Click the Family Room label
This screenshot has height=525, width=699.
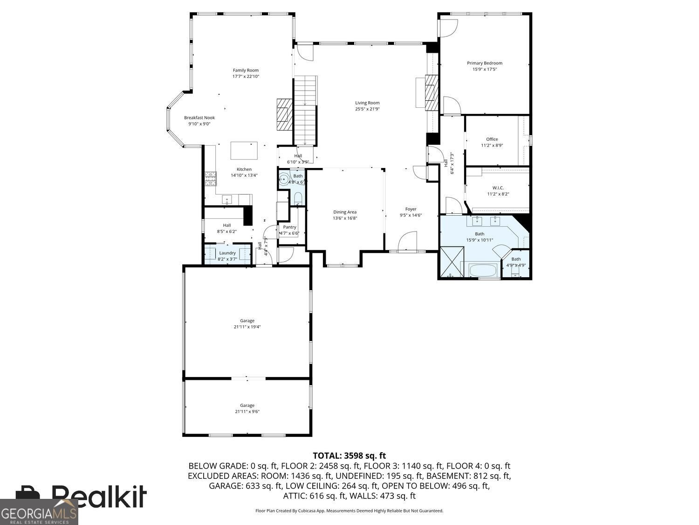[246, 70]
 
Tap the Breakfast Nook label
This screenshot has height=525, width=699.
[199, 118]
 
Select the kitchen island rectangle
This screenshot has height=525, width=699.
[244, 151]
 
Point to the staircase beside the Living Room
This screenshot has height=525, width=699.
[305, 111]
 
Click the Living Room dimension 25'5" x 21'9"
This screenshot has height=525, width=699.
[367, 109]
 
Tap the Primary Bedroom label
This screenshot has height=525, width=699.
[485, 63]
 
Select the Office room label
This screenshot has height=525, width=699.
[492, 139]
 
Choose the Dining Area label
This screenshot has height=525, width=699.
[345, 212]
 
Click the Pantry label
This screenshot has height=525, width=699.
[289, 227]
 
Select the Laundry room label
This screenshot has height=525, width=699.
[227, 253]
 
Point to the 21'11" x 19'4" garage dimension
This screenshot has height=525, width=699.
[247, 327]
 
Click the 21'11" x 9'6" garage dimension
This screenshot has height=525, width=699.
[247, 412]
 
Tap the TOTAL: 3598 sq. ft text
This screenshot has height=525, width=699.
[349, 455]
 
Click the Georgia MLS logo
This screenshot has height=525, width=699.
[39, 512]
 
